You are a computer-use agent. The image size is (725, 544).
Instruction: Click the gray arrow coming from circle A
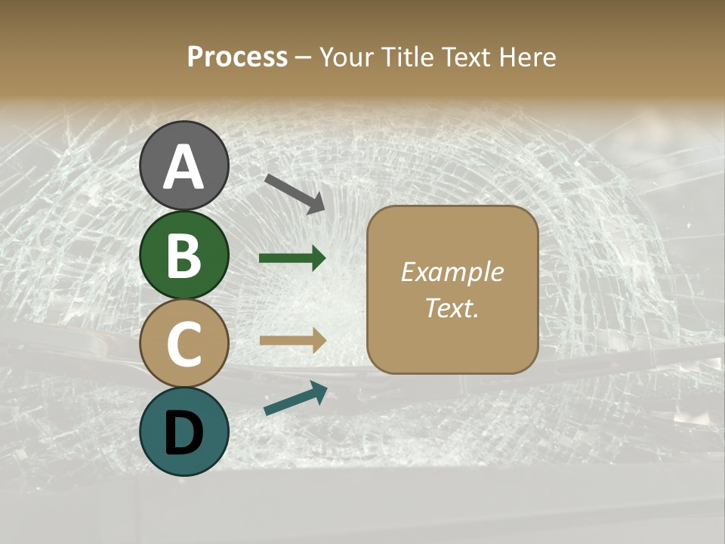click(x=295, y=193)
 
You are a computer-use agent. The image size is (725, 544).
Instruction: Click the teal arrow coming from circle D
click(x=295, y=399)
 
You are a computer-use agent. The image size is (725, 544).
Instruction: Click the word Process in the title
click(x=237, y=57)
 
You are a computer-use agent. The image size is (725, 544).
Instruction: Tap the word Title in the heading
click(x=406, y=57)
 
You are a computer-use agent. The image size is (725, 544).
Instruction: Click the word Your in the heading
click(x=347, y=57)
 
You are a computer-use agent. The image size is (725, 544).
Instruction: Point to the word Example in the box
click(x=452, y=272)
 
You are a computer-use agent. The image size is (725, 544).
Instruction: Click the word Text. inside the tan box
click(x=452, y=308)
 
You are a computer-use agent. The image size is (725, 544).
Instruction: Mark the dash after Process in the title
click(x=304, y=57)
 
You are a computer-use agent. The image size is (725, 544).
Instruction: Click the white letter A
click(x=184, y=167)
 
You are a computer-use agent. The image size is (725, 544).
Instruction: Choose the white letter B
click(x=184, y=255)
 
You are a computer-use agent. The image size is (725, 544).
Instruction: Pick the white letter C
click(x=184, y=345)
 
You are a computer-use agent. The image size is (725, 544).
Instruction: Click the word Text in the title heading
click(x=470, y=57)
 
